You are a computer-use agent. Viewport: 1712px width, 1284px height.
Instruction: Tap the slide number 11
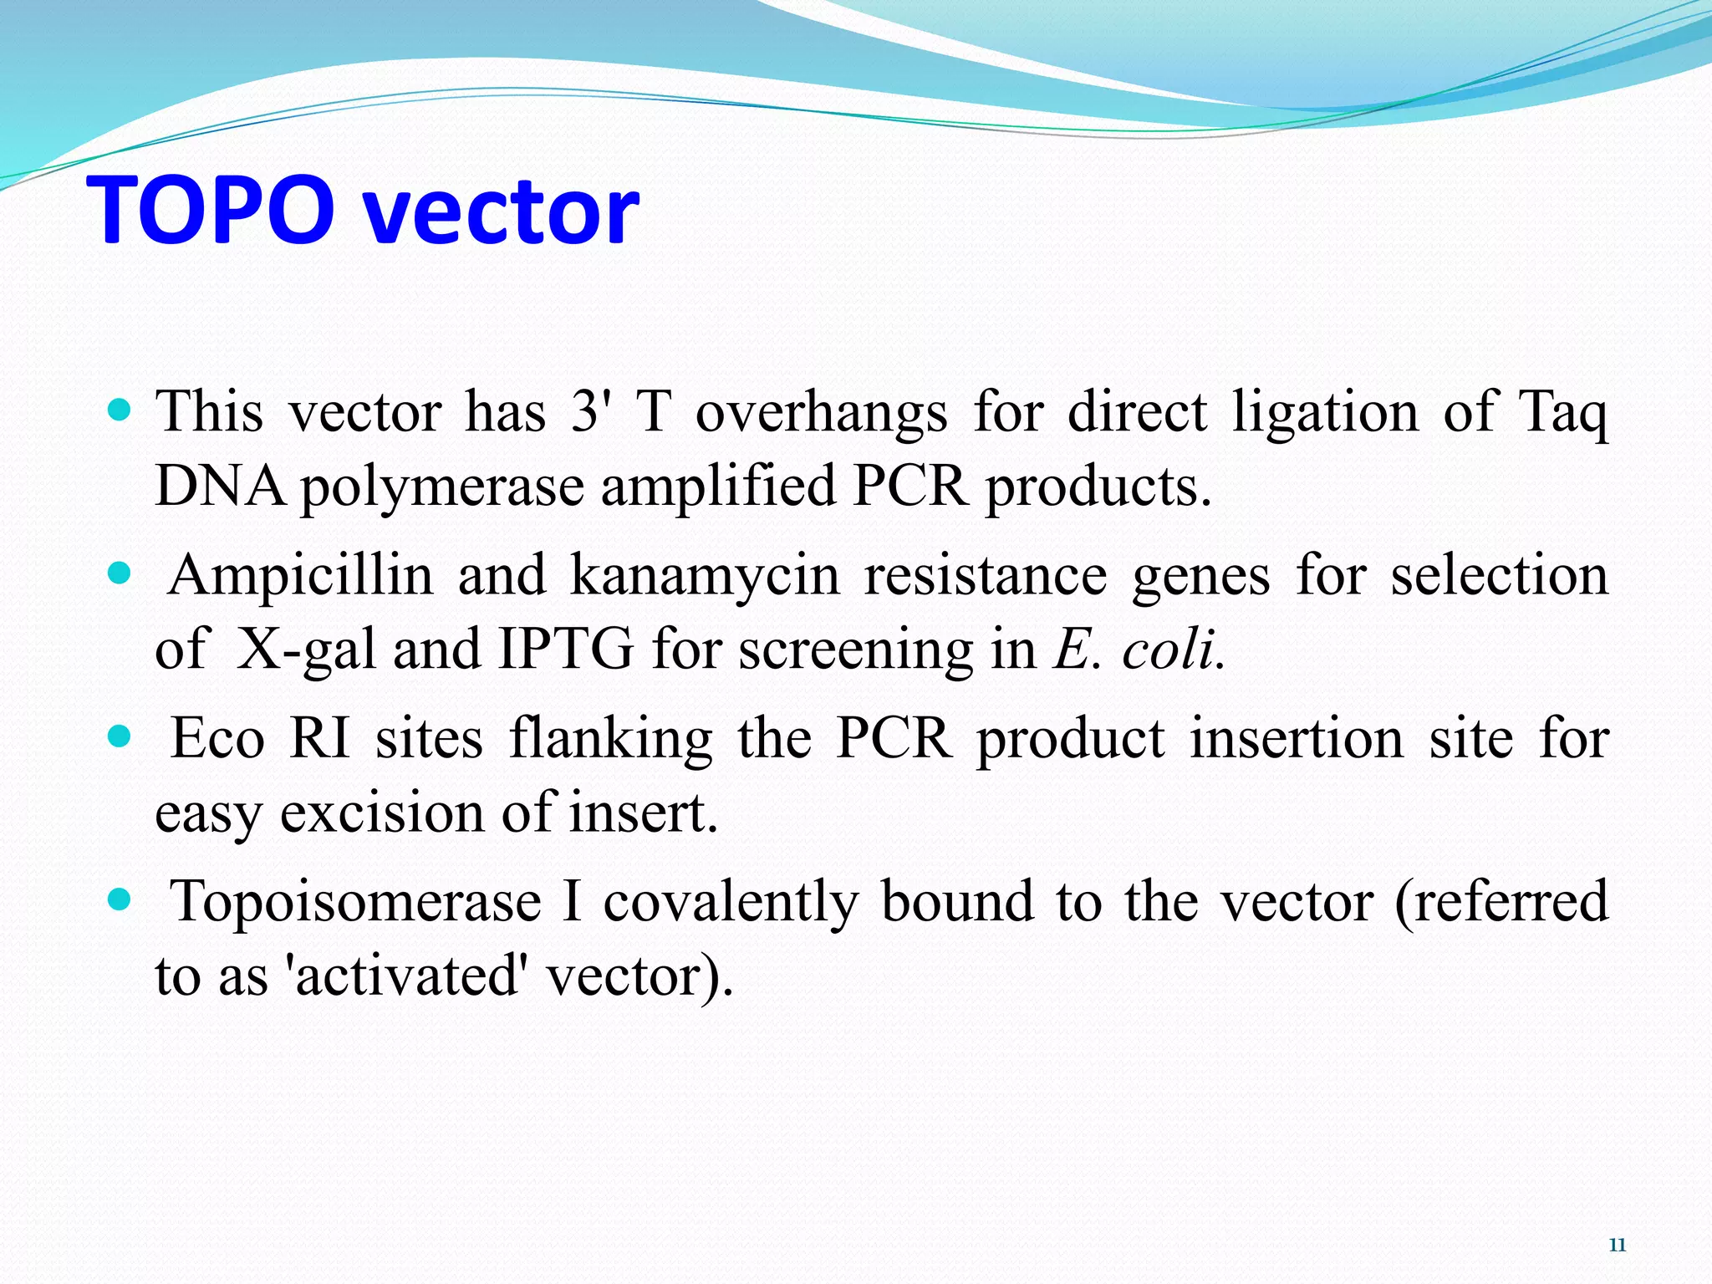(1617, 1245)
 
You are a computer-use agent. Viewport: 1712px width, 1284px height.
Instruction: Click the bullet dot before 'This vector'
(120, 410)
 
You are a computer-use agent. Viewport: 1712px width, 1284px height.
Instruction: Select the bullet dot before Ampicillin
(120, 573)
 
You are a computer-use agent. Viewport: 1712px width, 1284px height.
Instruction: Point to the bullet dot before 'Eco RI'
(120, 736)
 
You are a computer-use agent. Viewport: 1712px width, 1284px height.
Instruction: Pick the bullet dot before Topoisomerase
(120, 899)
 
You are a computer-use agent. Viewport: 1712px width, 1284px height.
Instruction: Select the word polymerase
(442, 487)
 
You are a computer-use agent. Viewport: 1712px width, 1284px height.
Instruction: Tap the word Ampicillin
(301, 575)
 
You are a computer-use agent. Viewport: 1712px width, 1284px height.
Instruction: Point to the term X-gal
(306, 650)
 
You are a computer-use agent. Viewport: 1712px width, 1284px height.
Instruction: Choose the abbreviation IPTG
(566, 650)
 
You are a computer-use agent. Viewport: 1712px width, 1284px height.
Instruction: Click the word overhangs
(822, 413)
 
